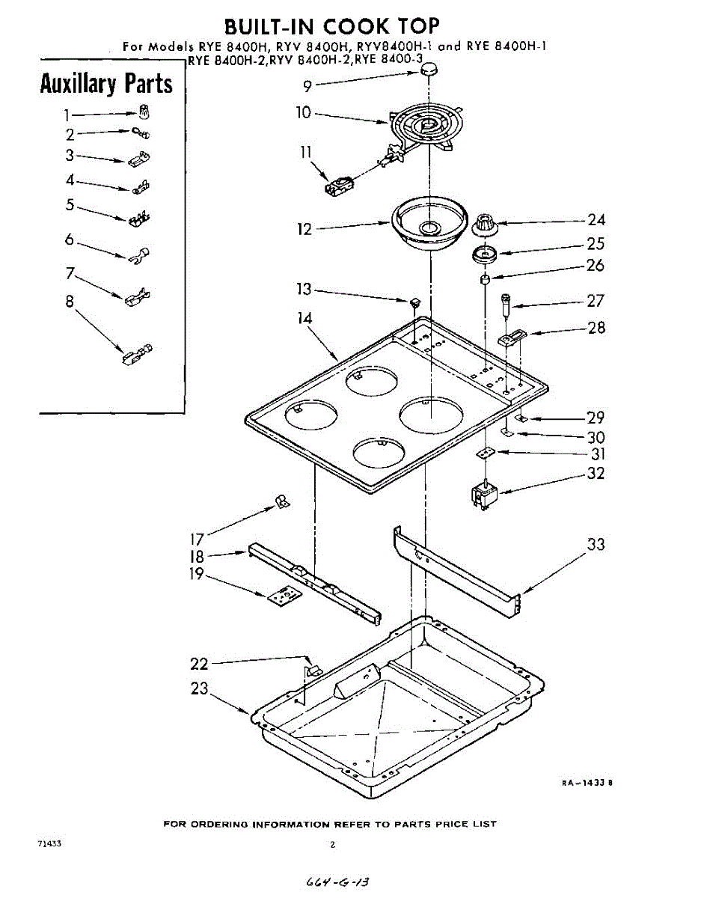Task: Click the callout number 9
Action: coord(307,85)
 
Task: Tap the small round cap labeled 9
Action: coord(428,70)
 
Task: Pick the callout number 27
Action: coord(596,301)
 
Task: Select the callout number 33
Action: coord(596,545)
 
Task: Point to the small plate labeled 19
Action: coord(283,595)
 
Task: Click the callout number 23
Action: coord(200,688)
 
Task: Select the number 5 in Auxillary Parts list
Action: coord(70,204)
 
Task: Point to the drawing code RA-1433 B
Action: coord(588,783)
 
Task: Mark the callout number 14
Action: coord(305,318)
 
